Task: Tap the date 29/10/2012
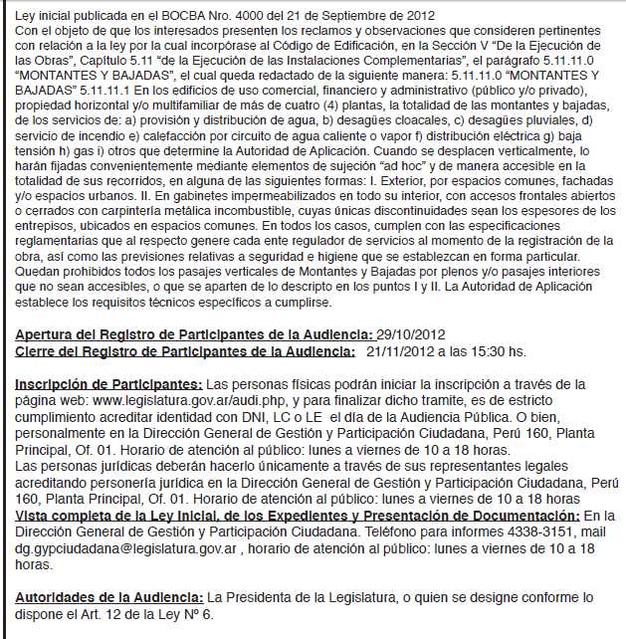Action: click(x=410, y=335)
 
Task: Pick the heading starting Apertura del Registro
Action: click(x=194, y=335)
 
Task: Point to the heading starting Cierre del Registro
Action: click(x=185, y=351)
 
